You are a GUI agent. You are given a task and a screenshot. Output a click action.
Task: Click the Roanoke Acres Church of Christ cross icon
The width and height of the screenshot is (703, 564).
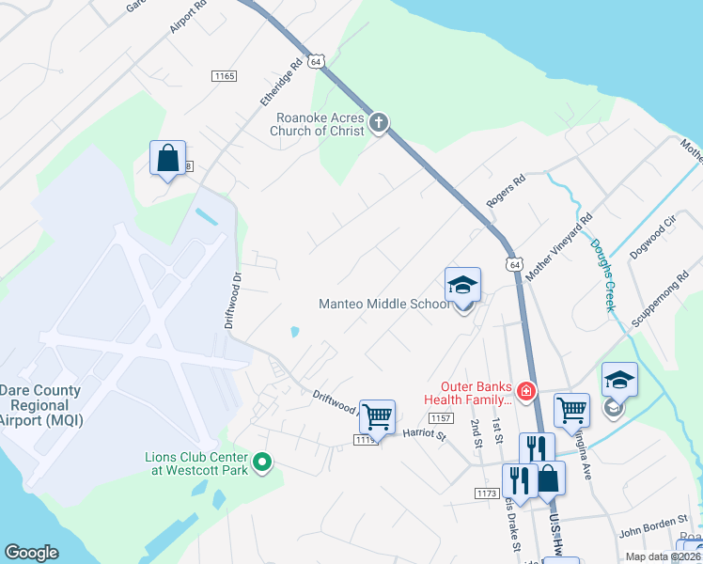coord(378,122)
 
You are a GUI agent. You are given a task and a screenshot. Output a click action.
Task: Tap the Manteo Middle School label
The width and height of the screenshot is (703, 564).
coord(384,304)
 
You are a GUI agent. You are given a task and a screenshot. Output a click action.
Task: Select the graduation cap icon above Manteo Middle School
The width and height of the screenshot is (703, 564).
coord(462,285)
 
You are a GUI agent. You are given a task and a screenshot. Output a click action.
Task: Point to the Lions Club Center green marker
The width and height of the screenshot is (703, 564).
coord(263,461)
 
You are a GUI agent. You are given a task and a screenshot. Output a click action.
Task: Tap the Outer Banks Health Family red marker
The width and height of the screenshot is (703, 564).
coord(526,389)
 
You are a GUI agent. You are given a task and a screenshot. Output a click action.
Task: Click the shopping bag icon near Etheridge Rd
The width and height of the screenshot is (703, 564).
coord(167,158)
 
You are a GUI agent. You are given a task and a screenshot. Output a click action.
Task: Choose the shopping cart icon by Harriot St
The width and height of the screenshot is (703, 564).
coord(377,415)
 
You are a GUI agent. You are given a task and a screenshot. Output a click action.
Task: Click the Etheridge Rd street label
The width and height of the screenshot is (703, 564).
coord(281,82)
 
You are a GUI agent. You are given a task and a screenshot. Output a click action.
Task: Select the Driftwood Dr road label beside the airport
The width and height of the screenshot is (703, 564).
coord(235,300)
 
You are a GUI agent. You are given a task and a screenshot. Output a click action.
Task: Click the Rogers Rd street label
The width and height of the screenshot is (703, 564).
coord(505,191)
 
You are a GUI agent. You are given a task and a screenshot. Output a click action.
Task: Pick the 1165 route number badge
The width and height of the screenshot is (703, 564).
coord(224,76)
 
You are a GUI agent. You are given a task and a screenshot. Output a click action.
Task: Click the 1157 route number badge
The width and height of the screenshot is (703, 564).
coord(441,418)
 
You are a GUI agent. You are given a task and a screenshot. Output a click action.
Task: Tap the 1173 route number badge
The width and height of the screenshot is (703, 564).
coord(486,493)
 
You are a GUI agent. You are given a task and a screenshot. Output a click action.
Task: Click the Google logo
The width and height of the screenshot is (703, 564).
coord(32,553)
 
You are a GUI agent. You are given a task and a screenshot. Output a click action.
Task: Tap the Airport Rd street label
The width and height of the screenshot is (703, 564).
coord(188,17)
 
